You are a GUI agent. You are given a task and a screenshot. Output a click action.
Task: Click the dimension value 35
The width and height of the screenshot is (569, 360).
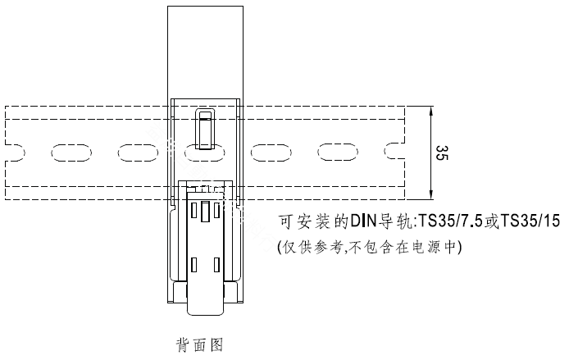[442, 153]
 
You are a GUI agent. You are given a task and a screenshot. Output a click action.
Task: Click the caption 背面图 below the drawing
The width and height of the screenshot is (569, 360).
[199, 344]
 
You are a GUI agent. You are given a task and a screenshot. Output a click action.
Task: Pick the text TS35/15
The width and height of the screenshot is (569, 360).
[530, 221]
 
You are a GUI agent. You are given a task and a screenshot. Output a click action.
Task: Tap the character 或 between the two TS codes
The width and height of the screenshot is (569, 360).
[491, 221]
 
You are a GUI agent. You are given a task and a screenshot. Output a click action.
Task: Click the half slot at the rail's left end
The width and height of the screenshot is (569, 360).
[16, 153]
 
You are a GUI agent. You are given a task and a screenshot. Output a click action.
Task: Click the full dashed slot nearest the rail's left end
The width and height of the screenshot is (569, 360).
[71, 153]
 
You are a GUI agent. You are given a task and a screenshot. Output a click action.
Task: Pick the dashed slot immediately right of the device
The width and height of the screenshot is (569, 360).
[271, 153]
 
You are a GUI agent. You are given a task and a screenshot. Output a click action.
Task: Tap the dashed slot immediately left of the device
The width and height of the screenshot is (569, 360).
[139, 153]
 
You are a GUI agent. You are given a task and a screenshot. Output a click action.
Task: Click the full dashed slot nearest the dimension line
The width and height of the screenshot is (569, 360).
[338, 153]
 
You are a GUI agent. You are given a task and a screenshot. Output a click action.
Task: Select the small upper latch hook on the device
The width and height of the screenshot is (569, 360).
[205, 129]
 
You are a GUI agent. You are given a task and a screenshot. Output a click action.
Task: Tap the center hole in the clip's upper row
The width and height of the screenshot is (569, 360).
[205, 212]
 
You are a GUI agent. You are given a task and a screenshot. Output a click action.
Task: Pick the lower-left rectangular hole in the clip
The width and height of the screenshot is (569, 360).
[194, 265]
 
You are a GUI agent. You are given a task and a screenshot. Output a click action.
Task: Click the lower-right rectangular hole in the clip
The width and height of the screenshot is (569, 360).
[216, 265]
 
